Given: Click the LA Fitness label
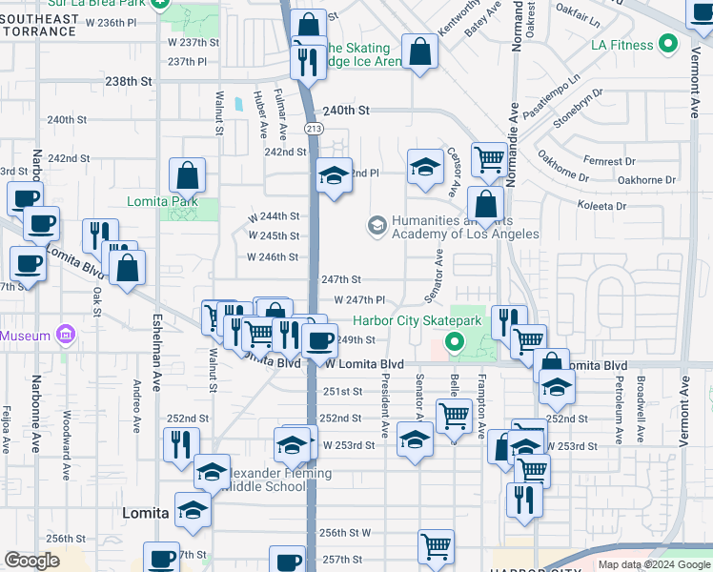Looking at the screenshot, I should [621, 45].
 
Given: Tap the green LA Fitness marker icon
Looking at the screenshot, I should [669, 44].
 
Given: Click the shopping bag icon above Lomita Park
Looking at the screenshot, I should [188, 175].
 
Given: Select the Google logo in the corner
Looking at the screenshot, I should [31, 561].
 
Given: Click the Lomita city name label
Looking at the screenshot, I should [146, 513].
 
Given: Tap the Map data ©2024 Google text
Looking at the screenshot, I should [654, 564].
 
